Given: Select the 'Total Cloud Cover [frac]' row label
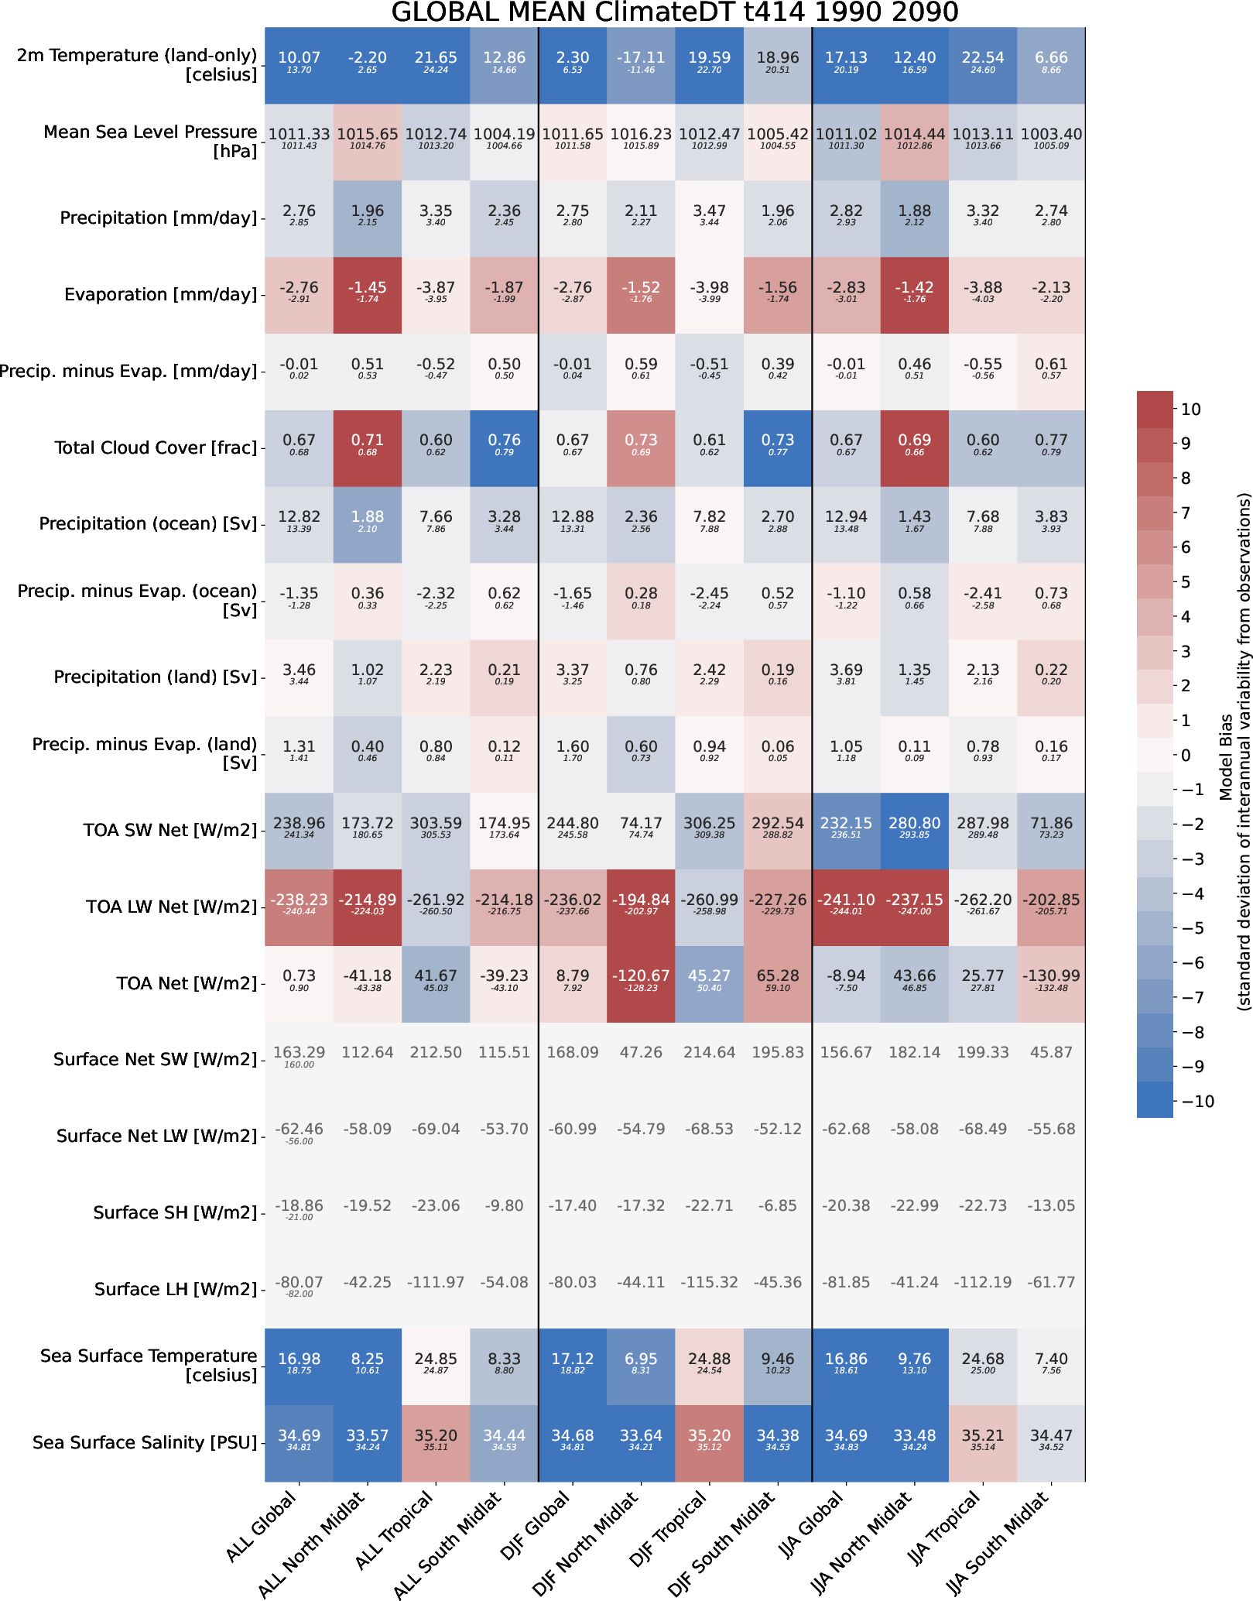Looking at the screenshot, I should coord(156,448).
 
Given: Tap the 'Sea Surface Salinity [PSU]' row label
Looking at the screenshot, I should coord(145,1442).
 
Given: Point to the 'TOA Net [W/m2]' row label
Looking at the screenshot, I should coord(187,984).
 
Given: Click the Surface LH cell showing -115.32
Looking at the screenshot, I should coord(709,1282).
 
